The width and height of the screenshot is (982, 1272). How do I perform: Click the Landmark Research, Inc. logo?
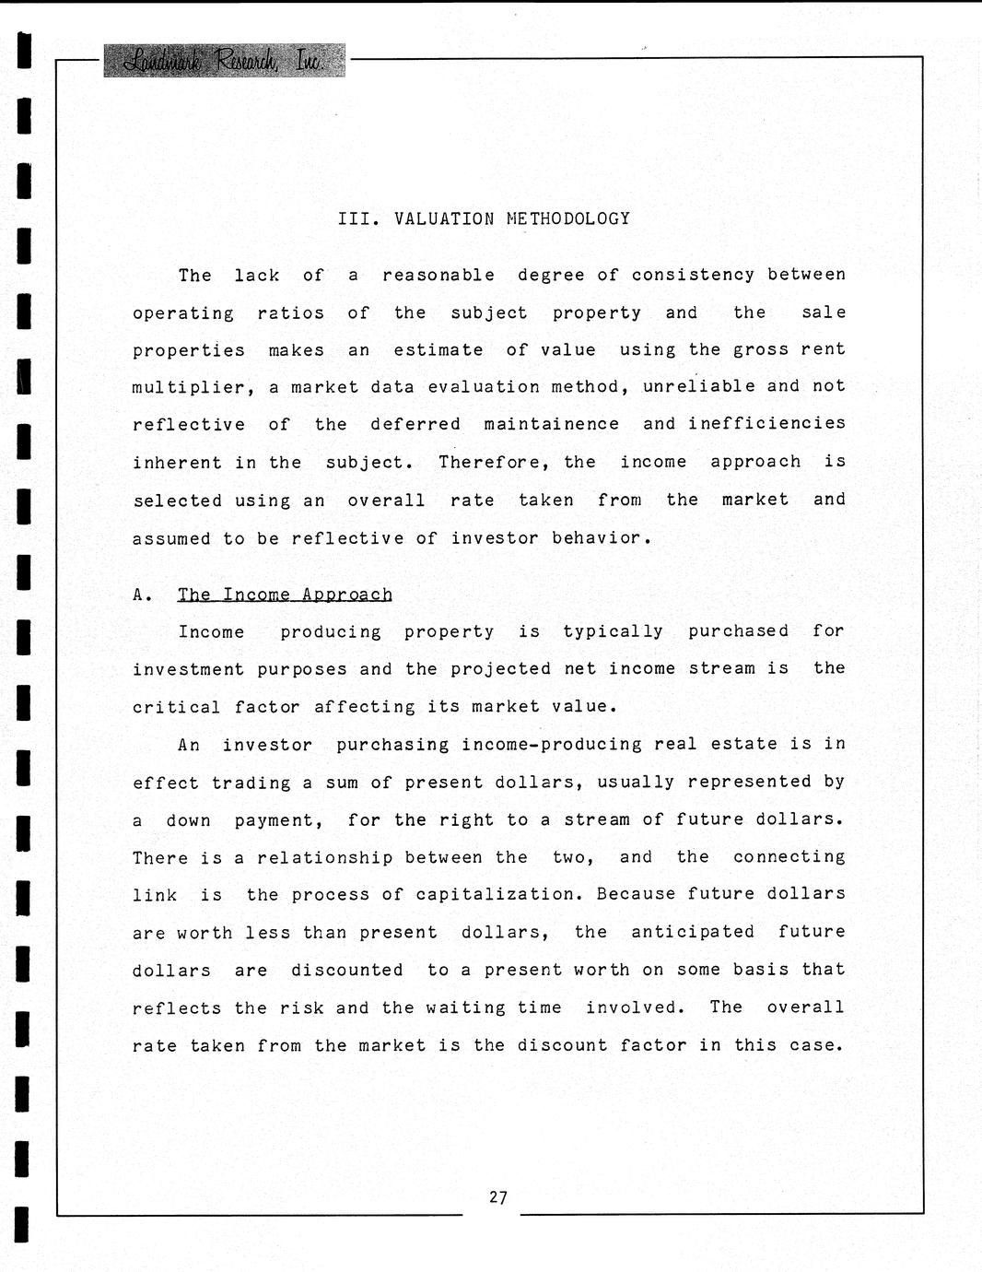click(224, 61)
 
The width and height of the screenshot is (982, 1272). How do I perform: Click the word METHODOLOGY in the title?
click(568, 218)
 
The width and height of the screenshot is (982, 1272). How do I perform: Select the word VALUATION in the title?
click(444, 218)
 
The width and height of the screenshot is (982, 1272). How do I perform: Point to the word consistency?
click(693, 275)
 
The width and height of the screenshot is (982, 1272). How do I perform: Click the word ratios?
click(290, 313)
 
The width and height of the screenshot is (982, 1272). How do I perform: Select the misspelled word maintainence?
click(552, 424)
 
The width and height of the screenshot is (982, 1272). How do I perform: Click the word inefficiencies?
click(766, 423)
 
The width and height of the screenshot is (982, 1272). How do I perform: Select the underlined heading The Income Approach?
click(285, 595)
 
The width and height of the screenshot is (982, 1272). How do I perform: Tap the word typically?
click(613, 631)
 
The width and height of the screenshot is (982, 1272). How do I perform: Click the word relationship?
click(324, 858)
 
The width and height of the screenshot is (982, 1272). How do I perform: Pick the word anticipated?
click(693, 932)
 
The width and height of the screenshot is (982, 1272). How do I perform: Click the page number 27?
click(498, 1197)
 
